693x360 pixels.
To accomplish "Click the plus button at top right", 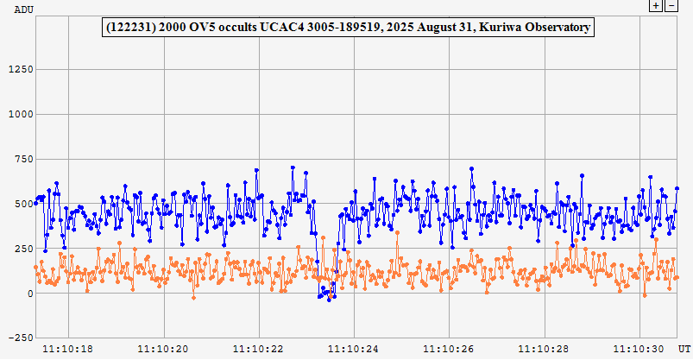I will coord(656,5).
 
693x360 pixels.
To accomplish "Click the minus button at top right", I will coord(671,5).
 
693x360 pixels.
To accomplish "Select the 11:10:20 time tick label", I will coord(165,349).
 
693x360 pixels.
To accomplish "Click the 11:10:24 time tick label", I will coord(355,349).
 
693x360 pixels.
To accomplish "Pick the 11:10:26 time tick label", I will coord(450,349).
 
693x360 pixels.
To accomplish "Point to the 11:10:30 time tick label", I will coord(639,349).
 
